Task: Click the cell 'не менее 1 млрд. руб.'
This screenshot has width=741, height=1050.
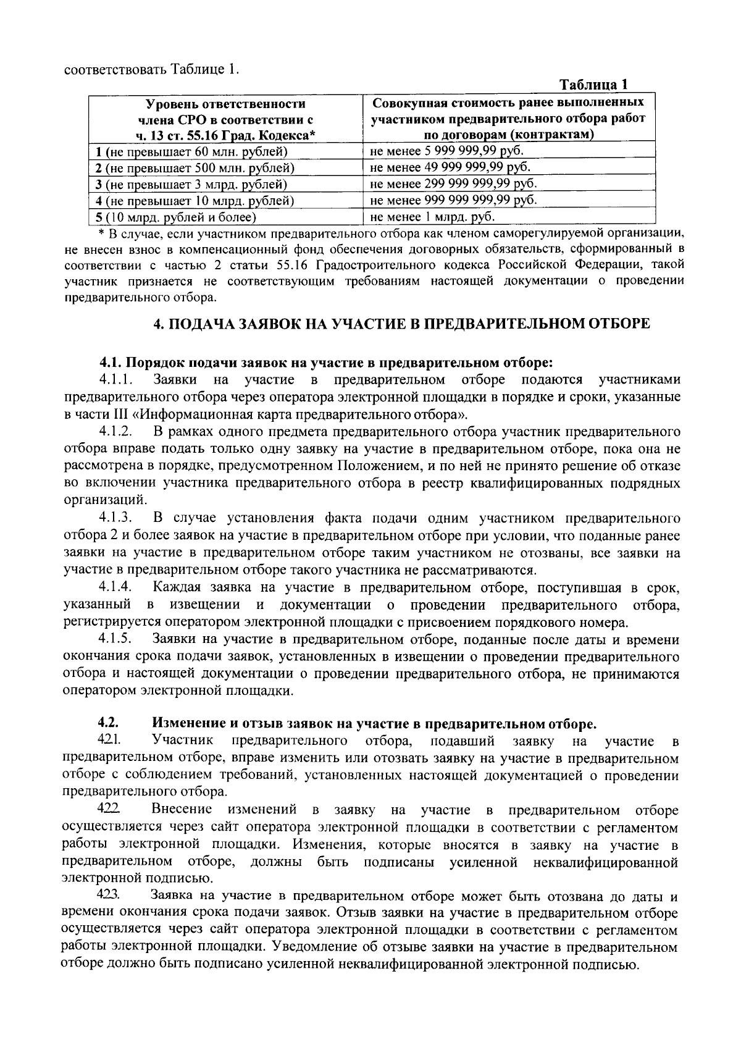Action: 432,217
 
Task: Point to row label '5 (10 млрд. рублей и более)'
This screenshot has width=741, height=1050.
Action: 175,217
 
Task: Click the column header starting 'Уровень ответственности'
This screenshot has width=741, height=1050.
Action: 225,119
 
